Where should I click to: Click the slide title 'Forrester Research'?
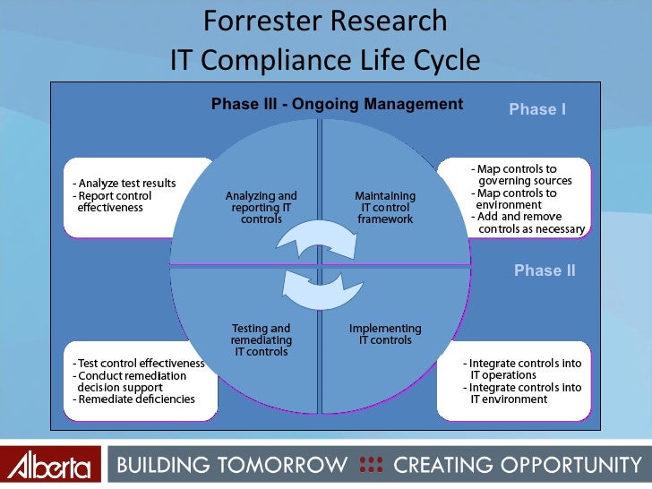point(325,21)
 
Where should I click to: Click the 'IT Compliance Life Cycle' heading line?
point(325,60)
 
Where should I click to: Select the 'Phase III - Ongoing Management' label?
point(337,105)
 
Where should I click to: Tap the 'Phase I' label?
point(537,109)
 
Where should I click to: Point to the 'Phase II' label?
point(545,270)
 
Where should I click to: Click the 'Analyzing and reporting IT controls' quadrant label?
point(262,207)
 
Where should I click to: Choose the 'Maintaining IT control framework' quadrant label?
point(385,207)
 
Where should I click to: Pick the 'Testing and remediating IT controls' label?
point(262,340)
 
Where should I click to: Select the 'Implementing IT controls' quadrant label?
point(385,334)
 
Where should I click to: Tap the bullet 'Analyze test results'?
point(126,184)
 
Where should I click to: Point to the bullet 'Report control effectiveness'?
point(115,202)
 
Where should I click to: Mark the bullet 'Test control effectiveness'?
point(139,364)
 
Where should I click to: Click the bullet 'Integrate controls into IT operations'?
point(523,369)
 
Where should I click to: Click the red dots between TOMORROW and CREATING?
point(370,465)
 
